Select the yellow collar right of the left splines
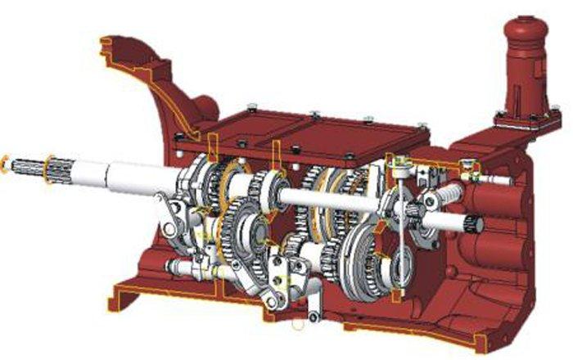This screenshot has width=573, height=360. pyautogui.click(x=52, y=169)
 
